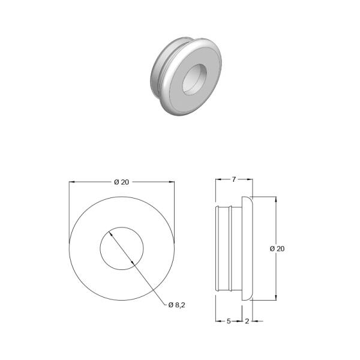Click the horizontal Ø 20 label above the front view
coord(122,182)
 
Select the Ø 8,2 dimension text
coord(176,305)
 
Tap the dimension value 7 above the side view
coord(234,179)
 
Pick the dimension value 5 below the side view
coord(229,321)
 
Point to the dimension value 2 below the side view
coord(247,321)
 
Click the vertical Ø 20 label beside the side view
coord(277,248)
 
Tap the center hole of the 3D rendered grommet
coord(194,79)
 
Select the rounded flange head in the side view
coord(247,248)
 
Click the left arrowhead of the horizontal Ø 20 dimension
coord(72,182)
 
